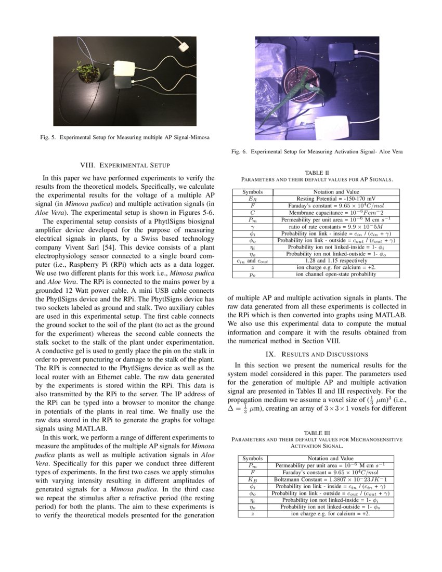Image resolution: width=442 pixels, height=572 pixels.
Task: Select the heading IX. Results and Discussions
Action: click(317, 354)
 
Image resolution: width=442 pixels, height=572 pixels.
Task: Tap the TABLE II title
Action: click(317, 173)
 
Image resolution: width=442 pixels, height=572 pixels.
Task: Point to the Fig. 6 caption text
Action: click(317, 152)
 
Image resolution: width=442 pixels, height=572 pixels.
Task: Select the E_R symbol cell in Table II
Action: click(252, 199)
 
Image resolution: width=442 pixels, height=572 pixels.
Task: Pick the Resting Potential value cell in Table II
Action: click(335, 199)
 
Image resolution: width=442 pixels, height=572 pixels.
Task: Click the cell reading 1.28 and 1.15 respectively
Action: click(335, 261)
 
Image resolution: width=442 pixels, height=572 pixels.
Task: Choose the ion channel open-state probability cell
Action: click(335, 274)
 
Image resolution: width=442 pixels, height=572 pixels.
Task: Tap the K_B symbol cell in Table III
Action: click(252, 479)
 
